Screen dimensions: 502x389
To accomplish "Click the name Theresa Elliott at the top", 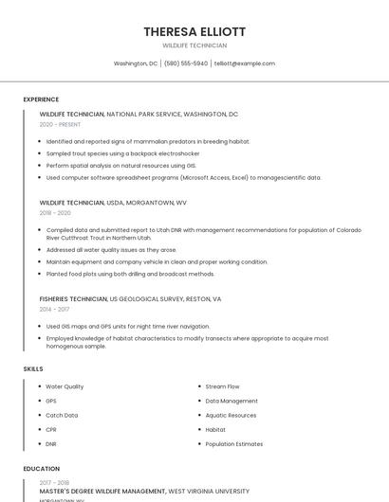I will click(194, 31).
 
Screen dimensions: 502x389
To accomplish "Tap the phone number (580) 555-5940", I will click(185, 63).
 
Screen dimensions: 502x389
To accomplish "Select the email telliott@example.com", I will click(245, 63).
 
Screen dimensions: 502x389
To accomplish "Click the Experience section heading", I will click(41, 99).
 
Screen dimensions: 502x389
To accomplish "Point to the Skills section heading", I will click(33, 368).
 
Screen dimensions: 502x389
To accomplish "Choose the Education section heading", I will click(41, 468).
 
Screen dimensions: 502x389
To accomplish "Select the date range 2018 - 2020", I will click(55, 213).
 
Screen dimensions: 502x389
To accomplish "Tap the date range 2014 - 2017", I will click(54, 309).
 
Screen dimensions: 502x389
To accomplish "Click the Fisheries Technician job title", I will click(73, 298).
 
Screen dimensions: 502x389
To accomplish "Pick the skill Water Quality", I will click(65, 386).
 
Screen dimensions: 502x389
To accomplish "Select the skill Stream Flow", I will click(222, 386).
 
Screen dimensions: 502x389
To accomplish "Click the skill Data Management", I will click(231, 401).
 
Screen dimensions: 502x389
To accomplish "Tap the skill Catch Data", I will click(62, 415).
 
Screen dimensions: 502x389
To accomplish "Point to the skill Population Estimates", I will click(233, 443).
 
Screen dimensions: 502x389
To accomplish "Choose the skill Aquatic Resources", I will click(231, 415).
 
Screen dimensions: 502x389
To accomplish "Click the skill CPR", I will click(51, 429).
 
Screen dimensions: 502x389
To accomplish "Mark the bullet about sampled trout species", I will click(122, 153).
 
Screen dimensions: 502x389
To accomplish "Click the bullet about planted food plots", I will click(130, 274).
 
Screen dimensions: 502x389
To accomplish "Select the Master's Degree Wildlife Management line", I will click(102, 492).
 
